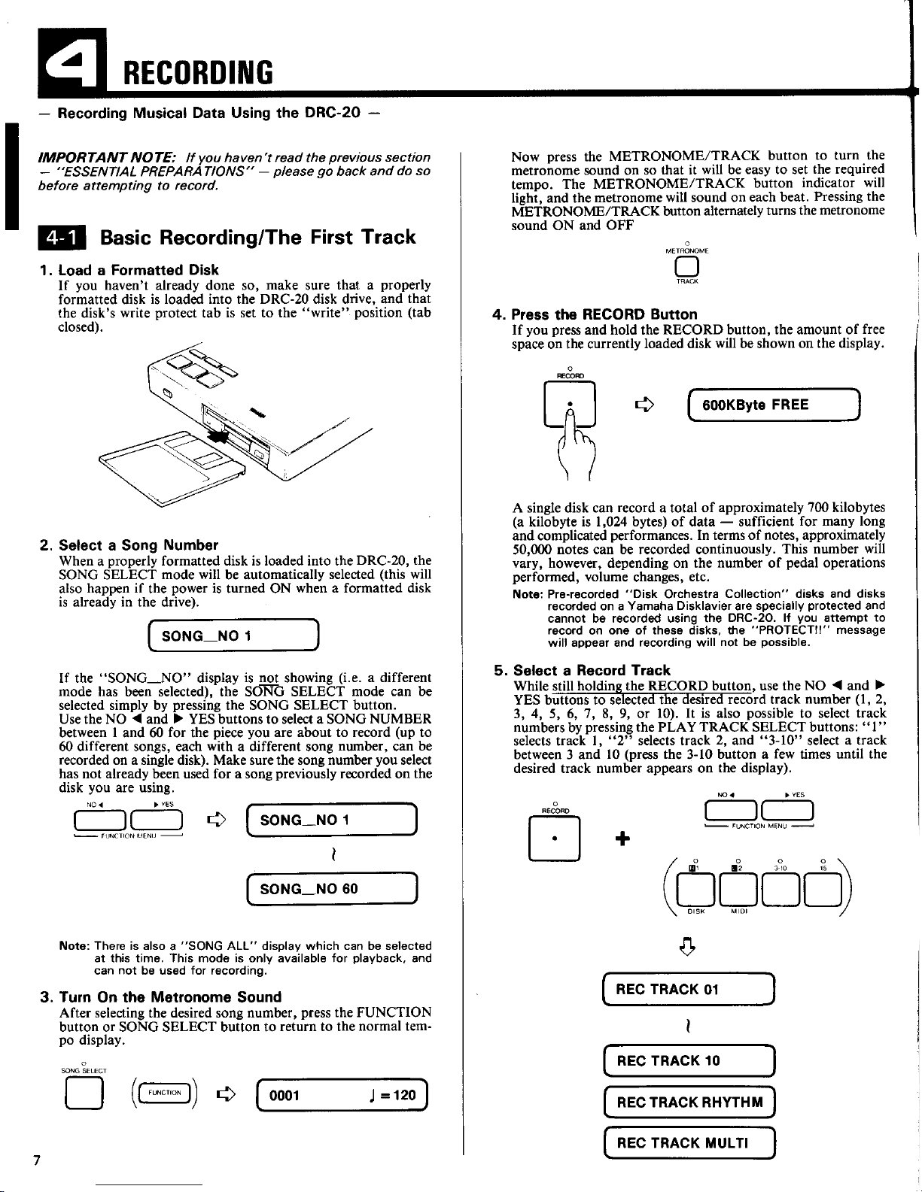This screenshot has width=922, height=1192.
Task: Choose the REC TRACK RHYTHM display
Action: pyautogui.click(x=689, y=1103)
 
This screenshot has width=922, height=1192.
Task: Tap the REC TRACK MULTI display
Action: pyautogui.click(x=689, y=1143)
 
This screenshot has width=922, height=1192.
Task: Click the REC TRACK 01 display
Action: pyautogui.click(x=689, y=989)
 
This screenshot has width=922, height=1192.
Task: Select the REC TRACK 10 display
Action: pyautogui.click(x=689, y=1060)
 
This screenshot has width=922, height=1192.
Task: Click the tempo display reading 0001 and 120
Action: pyautogui.click(x=342, y=1095)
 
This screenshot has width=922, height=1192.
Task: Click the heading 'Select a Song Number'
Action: pyautogui.click(x=138, y=545)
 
